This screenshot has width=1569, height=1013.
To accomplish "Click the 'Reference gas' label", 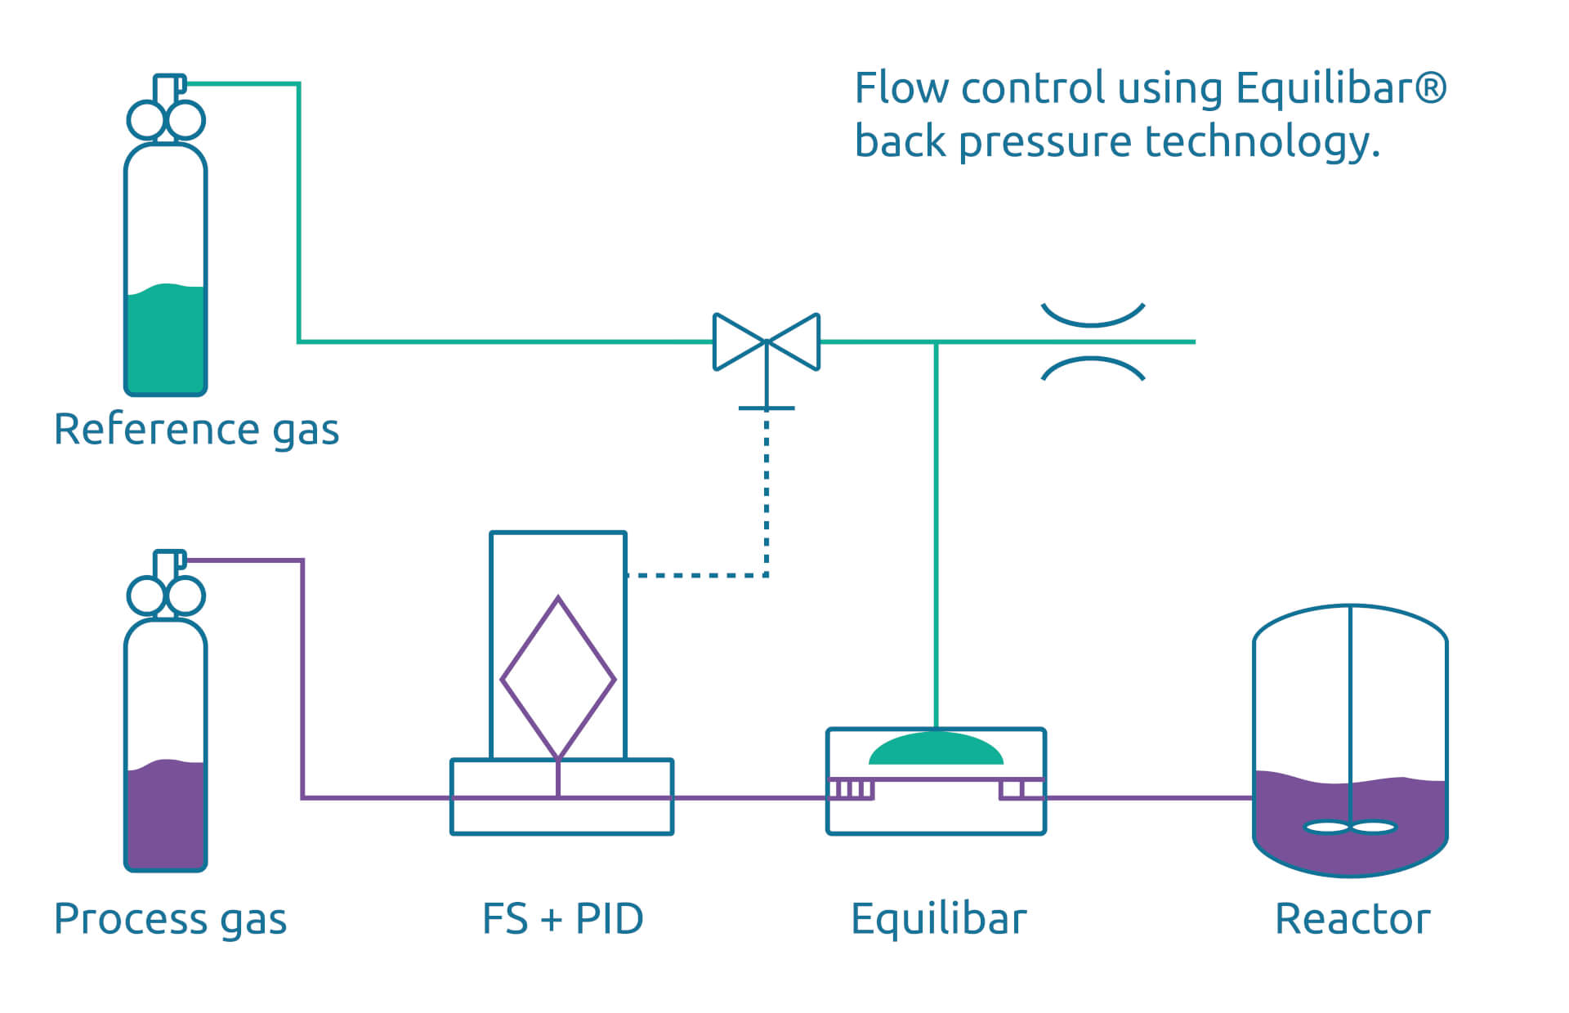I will pos(196,429).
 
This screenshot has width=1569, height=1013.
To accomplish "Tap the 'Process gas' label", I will pos(170,919).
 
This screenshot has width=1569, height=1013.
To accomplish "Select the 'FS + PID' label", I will pos(562,919).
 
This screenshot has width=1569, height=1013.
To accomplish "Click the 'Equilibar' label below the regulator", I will pos(938,919).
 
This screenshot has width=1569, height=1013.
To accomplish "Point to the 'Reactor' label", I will pos(1352,919).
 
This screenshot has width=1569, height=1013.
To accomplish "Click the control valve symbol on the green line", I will pos(766,342).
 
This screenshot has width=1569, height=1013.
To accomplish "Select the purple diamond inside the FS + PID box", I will pos(558,678).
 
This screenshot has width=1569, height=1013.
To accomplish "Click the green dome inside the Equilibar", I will pos(936,750).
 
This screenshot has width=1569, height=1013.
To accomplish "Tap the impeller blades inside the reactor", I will pos(1350,828).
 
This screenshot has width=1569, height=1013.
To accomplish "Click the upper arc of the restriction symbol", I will pos(1093,319).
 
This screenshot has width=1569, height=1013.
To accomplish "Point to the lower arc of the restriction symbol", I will pos(1093,365).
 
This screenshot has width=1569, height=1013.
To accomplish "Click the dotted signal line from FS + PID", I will pos(766,506).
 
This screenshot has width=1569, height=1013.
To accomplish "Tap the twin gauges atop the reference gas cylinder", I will pos(166,120).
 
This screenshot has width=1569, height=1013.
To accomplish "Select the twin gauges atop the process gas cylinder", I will pos(166,596).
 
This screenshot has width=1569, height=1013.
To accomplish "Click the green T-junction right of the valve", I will pos(936,342).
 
